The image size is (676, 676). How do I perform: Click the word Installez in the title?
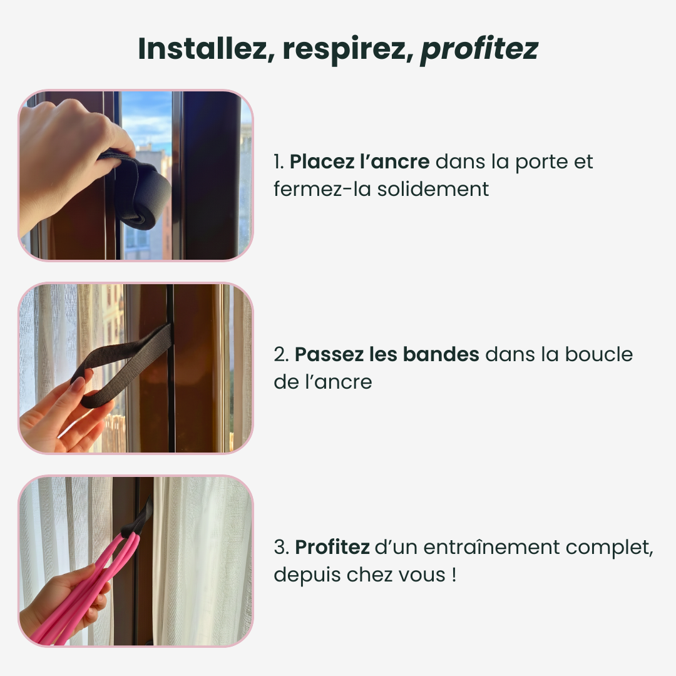click(201, 49)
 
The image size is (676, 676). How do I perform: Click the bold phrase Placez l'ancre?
click(359, 162)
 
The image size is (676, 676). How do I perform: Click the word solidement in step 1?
click(433, 189)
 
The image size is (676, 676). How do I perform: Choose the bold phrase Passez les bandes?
click(387, 355)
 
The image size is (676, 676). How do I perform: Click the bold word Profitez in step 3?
click(332, 548)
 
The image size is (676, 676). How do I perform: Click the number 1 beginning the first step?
click(278, 162)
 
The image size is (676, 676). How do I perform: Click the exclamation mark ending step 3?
click(453, 573)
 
